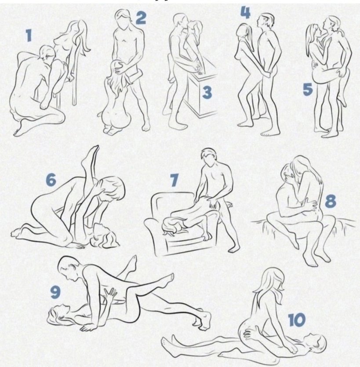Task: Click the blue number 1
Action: [29, 36]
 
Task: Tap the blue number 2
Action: [141, 18]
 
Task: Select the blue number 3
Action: [207, 92]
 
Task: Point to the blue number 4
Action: [245, 13]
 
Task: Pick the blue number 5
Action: [308, 89]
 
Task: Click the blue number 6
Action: [51, 180]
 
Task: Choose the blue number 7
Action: [174, 180]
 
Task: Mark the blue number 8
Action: [331, 201]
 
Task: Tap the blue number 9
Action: [56, 292]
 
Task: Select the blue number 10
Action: [297, 320]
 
